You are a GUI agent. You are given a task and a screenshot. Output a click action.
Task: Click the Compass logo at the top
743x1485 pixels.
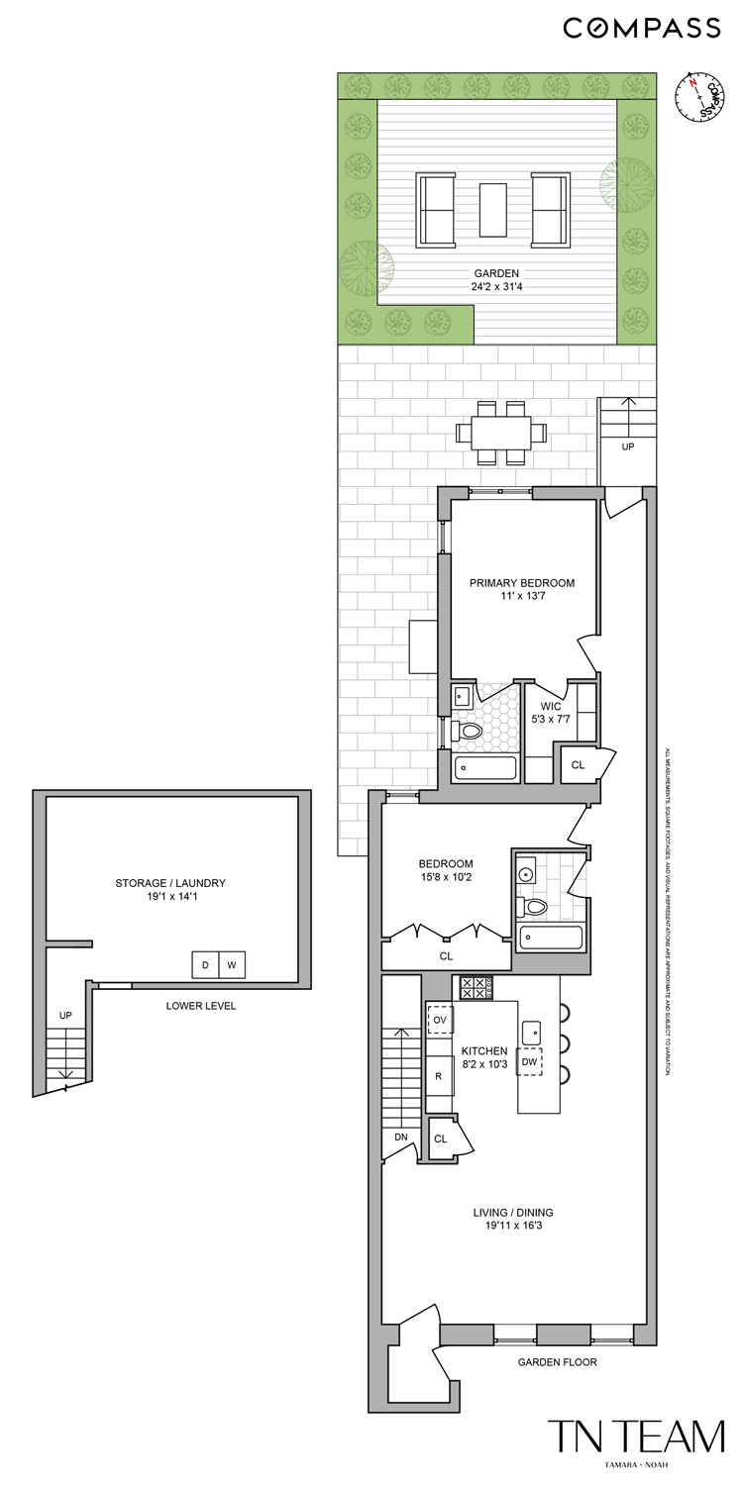[642, 28]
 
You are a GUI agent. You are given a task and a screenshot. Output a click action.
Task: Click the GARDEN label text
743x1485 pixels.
[496, 274]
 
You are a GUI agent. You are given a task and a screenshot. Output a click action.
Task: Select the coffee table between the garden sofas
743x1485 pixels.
[492, 210]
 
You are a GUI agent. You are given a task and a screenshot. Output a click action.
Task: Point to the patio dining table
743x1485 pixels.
[500, 433]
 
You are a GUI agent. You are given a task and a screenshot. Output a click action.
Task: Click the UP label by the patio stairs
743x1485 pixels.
[628, 446]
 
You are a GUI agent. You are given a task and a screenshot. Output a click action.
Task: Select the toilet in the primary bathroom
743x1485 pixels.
[468, 732]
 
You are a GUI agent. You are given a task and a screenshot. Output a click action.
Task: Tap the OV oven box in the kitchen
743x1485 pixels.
[440, 1019]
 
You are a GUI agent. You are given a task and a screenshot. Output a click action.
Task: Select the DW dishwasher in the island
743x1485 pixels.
[529, 1061]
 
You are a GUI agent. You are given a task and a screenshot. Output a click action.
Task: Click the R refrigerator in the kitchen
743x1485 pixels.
[438, 1076]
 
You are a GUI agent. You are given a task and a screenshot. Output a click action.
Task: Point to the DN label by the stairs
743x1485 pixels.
[400, 1137]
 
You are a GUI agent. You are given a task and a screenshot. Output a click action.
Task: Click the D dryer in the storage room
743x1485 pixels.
[205, 964]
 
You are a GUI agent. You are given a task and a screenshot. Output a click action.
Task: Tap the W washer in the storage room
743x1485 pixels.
[231, 964]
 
